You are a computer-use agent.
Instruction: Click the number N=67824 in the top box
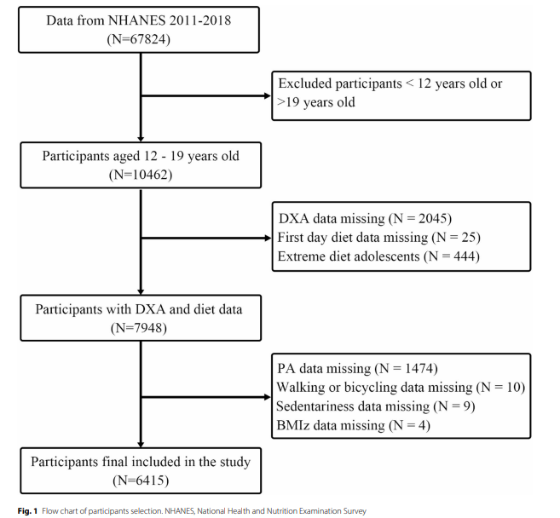(x=139, y=39)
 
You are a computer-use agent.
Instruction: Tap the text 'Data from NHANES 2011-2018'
(x=139, y=20)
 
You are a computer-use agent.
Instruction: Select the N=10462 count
(x=141, y=175)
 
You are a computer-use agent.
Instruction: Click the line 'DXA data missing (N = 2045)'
(x=365, y=218)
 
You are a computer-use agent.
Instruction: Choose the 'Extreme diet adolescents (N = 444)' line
(x=378, y=256)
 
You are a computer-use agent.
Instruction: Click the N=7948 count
(x=139, y=328)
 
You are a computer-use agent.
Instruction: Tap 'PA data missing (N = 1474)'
(x=357, y=368)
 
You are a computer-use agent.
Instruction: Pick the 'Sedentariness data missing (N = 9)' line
(x=375, y=406)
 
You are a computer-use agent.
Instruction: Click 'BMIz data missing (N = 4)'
(x=353, y=425)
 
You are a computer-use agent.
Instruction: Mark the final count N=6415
(x=141, y=481)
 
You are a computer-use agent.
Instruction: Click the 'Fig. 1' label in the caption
(x=27, y=511)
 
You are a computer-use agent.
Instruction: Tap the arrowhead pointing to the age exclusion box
(x=268, y=95)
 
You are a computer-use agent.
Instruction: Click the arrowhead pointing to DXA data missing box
(x=268, y=238)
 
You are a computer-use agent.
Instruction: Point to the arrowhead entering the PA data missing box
(x=268, y=397)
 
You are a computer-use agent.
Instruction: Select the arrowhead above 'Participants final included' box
(x=141, y=445)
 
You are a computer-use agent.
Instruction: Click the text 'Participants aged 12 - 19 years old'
(x=141, y=156)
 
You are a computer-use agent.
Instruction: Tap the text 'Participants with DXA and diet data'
(x=139, y=309)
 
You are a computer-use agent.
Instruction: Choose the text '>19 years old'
(x=316, y=102)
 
